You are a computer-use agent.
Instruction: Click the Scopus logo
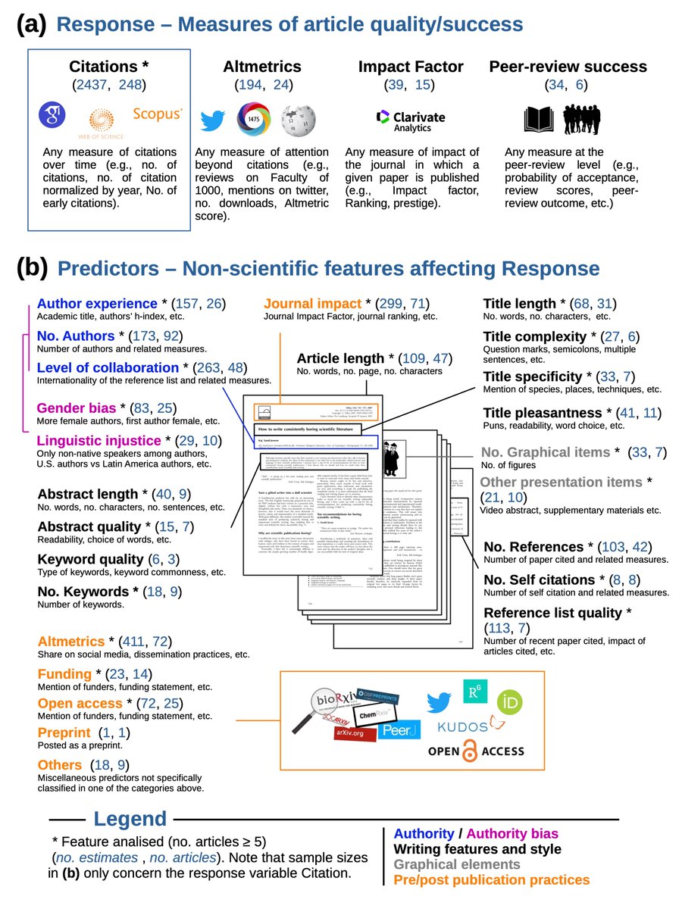point(158,114)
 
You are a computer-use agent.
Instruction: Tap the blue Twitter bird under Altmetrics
point(213,120)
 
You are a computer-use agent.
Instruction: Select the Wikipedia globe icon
point(295,120)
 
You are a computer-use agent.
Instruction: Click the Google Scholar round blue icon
point(54,116)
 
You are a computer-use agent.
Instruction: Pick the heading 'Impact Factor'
point(411,67)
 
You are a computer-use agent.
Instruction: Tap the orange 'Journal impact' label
point(311,305)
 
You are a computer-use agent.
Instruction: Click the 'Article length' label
point(340,358)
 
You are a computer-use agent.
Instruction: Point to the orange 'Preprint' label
point(64,733)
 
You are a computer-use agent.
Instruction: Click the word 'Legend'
point(130,819)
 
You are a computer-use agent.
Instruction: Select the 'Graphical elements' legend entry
point(457,864)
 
